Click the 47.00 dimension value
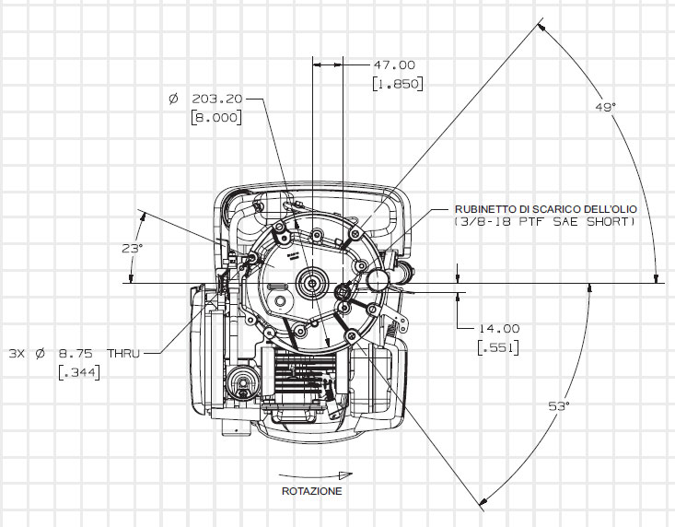click(394, 65)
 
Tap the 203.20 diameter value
click(216, 99)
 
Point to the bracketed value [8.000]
click(215, 118)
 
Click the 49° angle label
click(604, 108)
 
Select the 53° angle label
click(561, 406)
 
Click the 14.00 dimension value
click(499, 328)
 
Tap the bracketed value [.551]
click(497, 347)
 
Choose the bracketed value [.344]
click(78, 371)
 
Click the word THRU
click(122, 353)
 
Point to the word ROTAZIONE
click(312, 491)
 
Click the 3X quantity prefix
click(16, 353)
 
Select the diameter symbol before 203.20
click(172, 99)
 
